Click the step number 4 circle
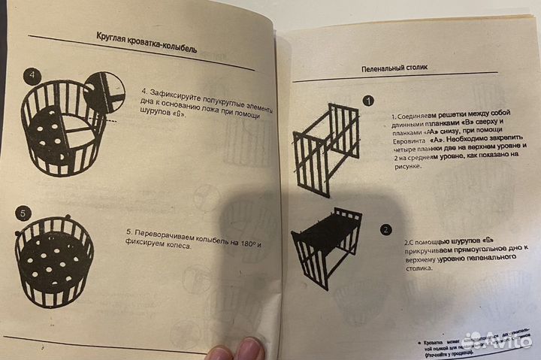click(31, 77)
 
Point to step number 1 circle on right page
click(367, 101)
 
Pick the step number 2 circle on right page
click(386, 230)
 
